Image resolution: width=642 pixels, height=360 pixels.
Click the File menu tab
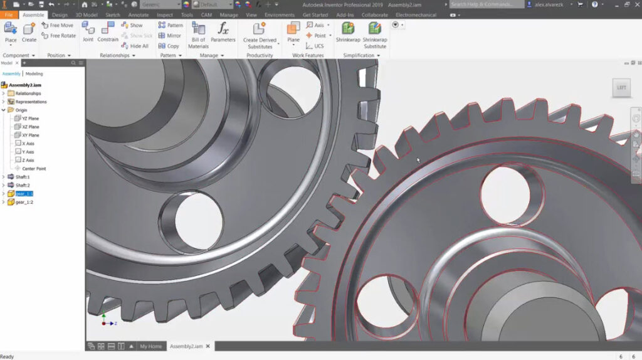[9, 14]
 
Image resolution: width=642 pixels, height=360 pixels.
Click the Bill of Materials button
[198, 34]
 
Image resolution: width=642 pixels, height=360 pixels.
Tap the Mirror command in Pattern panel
[170, 36]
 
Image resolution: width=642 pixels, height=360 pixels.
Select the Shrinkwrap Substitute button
[375, 34]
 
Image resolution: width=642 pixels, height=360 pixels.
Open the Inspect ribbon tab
[165, 14]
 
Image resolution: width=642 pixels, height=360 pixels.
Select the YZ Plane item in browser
[30, 119]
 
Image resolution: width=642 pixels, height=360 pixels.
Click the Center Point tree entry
[33, 169]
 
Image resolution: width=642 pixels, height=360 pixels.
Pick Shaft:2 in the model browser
[23, 186]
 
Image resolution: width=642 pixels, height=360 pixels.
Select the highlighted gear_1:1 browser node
[24, 194]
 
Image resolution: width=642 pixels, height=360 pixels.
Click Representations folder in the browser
[31, 102]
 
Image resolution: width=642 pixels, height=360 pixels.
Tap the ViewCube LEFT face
[621, 88]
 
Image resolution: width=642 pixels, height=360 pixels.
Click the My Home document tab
[150, 346]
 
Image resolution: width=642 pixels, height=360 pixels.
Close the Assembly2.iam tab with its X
[208, 346]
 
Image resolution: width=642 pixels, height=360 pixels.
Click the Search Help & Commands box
[487, 4]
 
